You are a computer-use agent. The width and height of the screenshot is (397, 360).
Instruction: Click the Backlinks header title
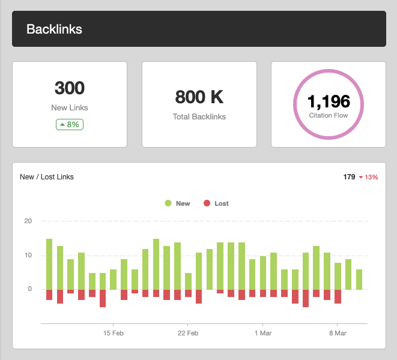54,29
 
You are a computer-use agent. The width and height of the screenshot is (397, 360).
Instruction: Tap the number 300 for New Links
70,88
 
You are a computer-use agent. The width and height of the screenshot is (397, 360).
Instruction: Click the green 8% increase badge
70,125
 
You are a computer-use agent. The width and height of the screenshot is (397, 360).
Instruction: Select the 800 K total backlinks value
199,97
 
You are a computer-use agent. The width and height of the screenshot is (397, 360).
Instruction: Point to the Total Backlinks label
199,116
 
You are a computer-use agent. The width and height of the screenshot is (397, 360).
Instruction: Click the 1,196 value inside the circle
329,101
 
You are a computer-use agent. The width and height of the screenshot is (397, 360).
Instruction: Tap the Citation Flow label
329,115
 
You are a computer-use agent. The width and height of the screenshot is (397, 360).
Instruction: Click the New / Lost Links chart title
47,177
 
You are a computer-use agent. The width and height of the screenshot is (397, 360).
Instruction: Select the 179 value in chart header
349,177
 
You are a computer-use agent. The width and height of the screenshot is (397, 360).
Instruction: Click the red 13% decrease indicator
368,178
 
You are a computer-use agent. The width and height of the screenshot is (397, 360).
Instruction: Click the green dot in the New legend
168,203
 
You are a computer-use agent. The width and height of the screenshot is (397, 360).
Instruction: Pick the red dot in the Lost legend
207,203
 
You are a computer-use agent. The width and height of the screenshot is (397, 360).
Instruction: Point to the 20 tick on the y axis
28,221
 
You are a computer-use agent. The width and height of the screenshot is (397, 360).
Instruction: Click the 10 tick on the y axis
28,255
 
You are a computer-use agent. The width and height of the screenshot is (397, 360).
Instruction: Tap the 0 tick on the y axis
29,289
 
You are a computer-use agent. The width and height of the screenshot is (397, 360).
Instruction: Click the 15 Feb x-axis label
113,332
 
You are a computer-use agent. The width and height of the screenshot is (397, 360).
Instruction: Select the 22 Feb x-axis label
188,332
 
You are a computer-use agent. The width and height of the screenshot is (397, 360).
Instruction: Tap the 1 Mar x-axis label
263,332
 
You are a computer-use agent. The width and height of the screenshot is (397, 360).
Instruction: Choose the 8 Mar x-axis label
338,332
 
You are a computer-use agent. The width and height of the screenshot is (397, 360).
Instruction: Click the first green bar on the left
49,264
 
